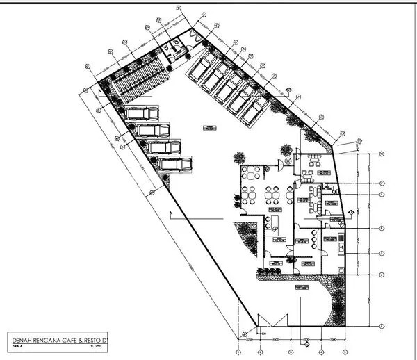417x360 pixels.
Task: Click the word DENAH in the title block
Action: [x=22, y=340]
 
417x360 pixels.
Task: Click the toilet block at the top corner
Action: [x=178, y=44]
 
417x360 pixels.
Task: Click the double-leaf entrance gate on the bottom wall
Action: [x=272, y=320]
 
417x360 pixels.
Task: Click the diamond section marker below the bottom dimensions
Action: [x=304, y=343]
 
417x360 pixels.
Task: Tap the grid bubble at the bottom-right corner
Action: [x=382, y=326]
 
